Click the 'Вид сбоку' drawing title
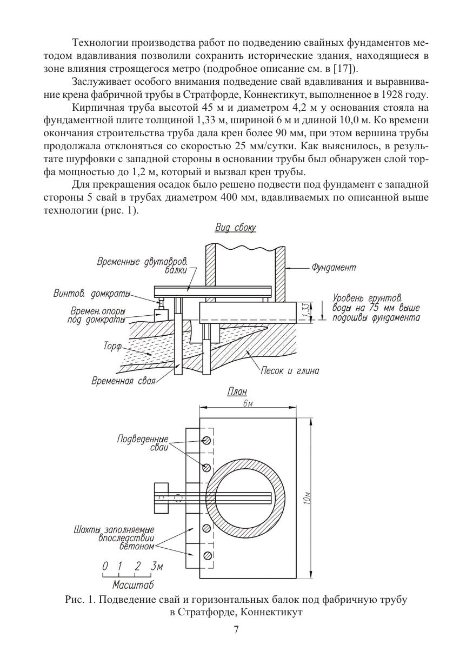236,228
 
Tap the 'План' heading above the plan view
237,391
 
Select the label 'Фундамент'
334,267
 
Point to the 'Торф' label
112,347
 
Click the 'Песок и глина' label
290,371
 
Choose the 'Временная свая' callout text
123,381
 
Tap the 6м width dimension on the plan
248,403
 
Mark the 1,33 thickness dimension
305,311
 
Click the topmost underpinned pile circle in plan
206,440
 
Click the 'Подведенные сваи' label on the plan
143,443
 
